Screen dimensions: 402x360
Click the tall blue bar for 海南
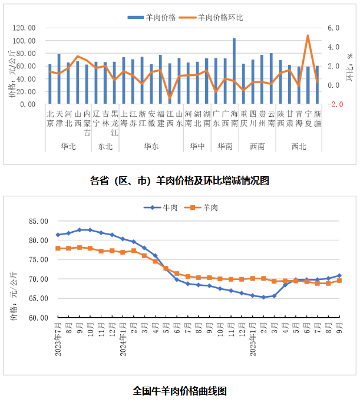234,71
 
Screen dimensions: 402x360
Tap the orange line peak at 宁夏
308,36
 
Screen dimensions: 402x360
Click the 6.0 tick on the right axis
334,28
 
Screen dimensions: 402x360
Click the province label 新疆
318,118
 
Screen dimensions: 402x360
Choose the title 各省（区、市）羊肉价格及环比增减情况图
180,180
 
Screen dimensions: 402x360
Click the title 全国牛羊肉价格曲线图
180,390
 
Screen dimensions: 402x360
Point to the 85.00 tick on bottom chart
38,221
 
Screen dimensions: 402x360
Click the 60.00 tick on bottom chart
38,317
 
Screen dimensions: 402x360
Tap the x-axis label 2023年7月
58,337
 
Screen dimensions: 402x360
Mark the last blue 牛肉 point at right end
339,275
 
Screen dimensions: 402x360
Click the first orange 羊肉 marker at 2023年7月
58,248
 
